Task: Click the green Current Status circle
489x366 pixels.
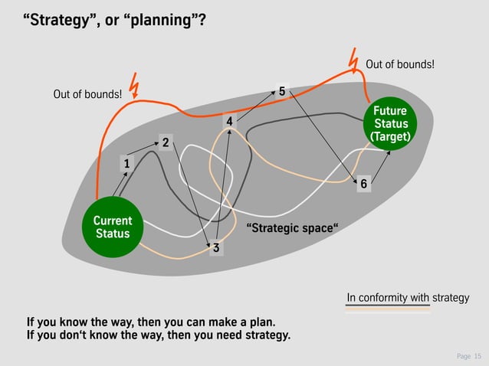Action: pos(113,227)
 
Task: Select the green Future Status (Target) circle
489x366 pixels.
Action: pos(390,124)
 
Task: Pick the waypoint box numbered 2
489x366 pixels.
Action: pos(165,140)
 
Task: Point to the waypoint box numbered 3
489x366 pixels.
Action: pos(216,248)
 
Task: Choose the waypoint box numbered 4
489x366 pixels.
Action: pos(228,123)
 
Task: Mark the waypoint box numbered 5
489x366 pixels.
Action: pos(282,92)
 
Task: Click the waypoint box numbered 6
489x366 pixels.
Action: pos(364,184)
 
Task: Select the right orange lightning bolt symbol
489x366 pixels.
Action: pos(353,60)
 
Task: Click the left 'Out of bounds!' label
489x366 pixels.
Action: pos(87,95)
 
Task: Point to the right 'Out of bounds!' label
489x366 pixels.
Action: pos(400,64)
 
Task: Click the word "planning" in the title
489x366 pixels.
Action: pos(162,18)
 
